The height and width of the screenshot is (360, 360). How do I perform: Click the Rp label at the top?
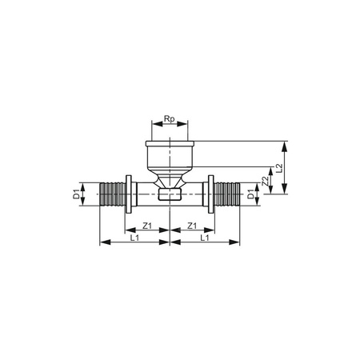[169, 119]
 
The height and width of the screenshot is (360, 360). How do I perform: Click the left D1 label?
[78, 194]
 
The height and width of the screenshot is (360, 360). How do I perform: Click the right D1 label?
[250, 194]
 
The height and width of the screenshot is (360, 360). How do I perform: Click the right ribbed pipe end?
[227, 194]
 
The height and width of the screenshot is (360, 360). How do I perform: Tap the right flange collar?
[210, 194]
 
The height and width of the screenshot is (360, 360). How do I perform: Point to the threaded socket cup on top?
[169, 154]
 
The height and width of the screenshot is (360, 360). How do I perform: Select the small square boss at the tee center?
[169, 194]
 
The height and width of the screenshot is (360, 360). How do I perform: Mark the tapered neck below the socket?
[169, 176]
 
